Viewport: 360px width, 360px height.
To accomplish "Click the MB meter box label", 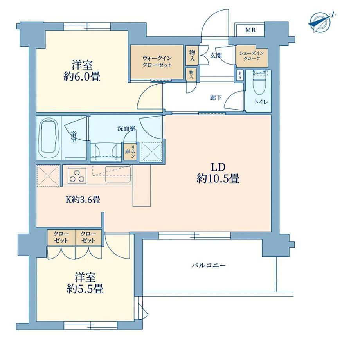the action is click(x=250, y=30).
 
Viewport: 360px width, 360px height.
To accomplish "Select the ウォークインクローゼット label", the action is click(x=157, y=61).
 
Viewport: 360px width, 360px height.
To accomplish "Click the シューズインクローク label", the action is click(x=252, y=56).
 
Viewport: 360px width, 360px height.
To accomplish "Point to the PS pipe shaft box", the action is click(x=240, y=75).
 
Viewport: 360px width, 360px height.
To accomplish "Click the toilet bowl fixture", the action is click(x=259, y=83).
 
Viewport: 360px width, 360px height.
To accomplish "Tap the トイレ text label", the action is click(x=261, y=102).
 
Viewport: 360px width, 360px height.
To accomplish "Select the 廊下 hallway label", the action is click(x=216, y=98).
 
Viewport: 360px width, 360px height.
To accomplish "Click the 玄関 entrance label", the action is click(x=216, y=55).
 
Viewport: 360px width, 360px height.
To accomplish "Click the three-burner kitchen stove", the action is click(x=77, y=176).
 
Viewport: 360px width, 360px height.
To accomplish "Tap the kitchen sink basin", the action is click(x=118, y=174).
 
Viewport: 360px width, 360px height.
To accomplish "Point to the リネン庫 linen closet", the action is click(x=130, y=151).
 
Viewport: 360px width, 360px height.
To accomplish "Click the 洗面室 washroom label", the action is click(x=126, y=129).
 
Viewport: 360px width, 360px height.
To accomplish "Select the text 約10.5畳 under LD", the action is click(x=218, y=178).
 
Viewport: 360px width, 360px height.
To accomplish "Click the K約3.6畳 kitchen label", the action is click(x=83, y=200).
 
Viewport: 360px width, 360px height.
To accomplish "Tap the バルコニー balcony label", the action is click(x=209, y=265).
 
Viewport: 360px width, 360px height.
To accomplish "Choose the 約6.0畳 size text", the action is click(x=82, y=77).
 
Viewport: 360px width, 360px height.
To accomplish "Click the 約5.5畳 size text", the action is click(x=85, y=289).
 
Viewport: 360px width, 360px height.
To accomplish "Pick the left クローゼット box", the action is click(x=61, y=238).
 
